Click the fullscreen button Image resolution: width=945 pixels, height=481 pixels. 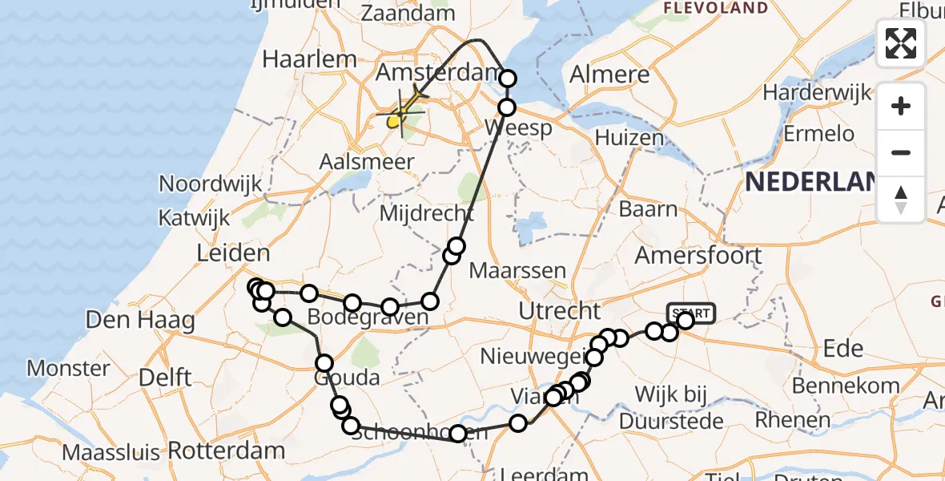point(901,43)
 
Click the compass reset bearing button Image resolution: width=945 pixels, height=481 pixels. point(901,199)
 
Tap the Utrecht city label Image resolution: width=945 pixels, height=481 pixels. point(560,310)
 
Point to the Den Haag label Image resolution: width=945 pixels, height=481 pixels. point(140,321)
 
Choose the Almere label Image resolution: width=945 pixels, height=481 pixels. point(609,75)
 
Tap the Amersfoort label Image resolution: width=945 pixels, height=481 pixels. point(698,256)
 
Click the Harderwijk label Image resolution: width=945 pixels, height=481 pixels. point(817,93)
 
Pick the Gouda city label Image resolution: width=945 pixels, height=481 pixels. point(346,377)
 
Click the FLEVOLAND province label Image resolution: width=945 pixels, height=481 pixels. point(717,9)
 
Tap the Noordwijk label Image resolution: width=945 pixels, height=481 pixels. point(211,184)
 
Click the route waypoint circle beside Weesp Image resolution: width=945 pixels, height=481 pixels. point(507,107)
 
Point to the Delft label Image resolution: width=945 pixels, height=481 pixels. point(163,377)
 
